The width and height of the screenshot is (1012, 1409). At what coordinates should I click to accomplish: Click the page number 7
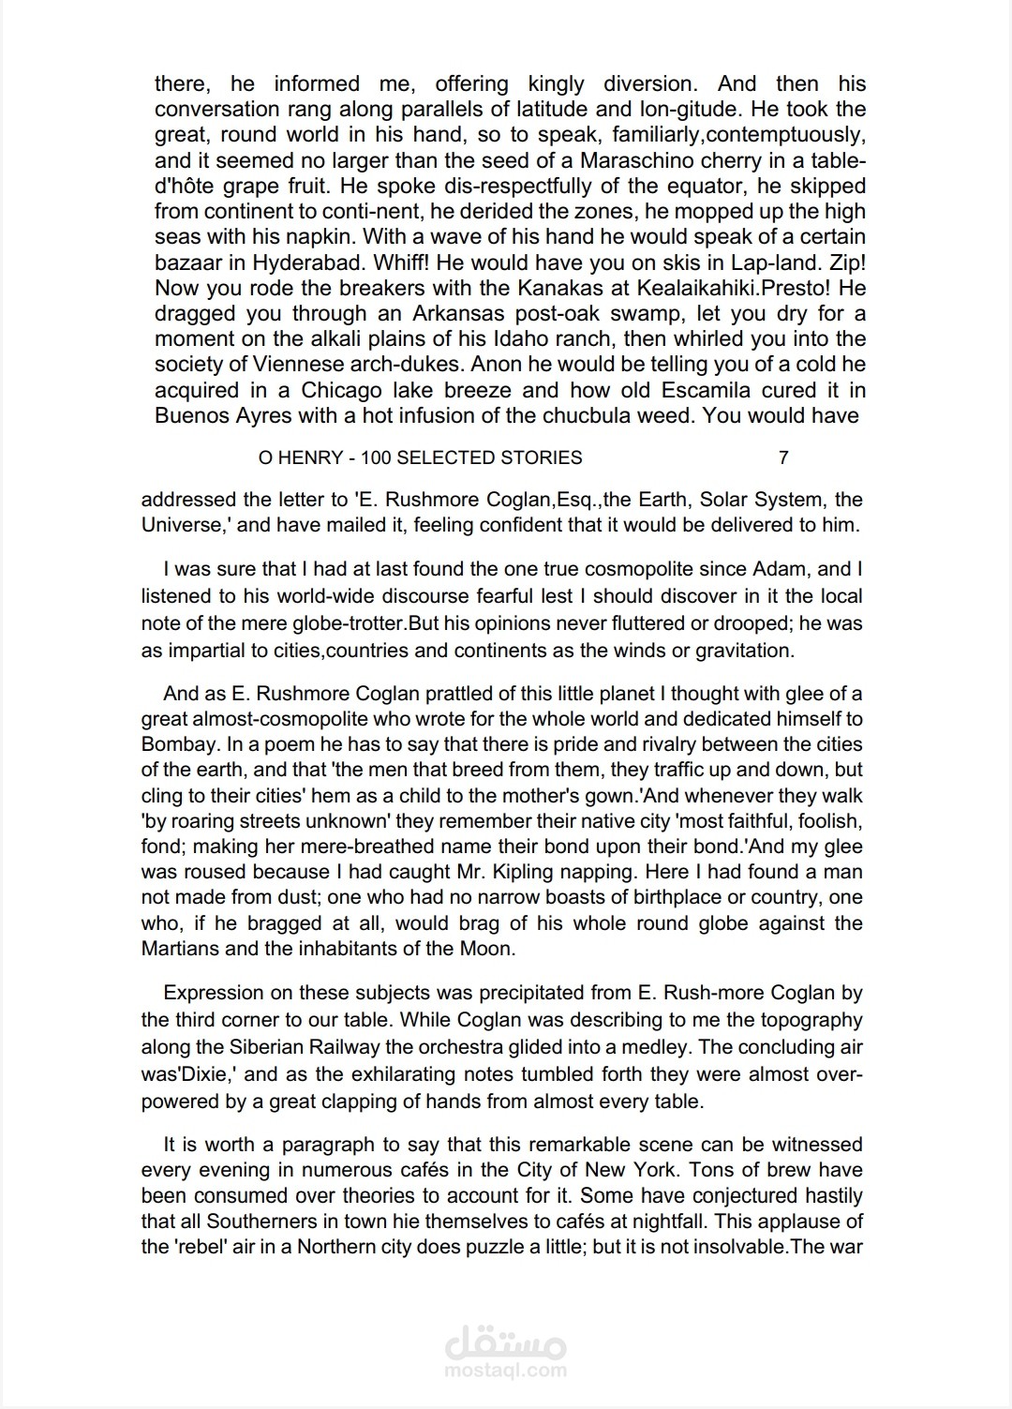pyautogui.click(x=783, y=457)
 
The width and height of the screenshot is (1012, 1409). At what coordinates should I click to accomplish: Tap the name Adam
pyautogui.click(x=781, y=569)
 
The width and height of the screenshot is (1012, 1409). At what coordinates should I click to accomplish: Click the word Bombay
pyautogui.click(x=179, y=744)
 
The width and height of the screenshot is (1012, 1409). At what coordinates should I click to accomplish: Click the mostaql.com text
pyautogui.click(x=506, y=1370)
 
